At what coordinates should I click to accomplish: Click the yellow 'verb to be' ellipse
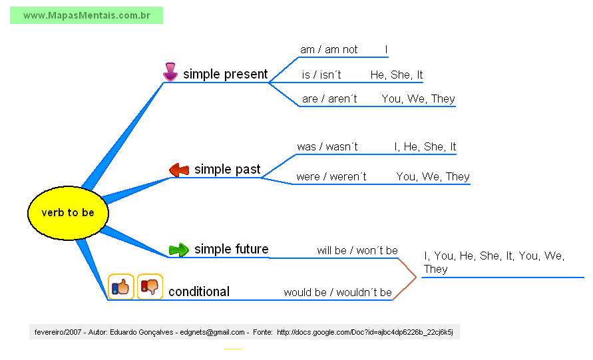pos(67,213)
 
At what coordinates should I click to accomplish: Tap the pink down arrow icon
pos(170,72)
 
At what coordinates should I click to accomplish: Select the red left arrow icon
pos(179,170)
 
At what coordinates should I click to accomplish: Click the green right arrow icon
pos(178,250)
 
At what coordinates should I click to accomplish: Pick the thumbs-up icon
pos(121,287)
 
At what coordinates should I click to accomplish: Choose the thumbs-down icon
pos(150,287)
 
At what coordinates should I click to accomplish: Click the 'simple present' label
pos(225,75)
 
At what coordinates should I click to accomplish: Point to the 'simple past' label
pos(227,170)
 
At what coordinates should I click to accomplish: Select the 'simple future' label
pos(231,250)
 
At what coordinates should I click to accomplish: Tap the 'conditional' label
pos(198,291)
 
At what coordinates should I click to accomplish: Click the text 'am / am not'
pos(329,50)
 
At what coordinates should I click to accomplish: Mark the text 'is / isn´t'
pos(321,75)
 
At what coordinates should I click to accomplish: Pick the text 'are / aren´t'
pos(329,99)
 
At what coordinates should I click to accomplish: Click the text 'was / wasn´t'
pos(327,147)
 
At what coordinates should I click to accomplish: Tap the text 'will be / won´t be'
pos(357,251)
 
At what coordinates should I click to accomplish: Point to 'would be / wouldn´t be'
pos(337,293)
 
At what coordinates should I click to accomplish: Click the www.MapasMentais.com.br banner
pos(87,15)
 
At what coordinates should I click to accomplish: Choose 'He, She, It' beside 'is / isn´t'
pos(397,75)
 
